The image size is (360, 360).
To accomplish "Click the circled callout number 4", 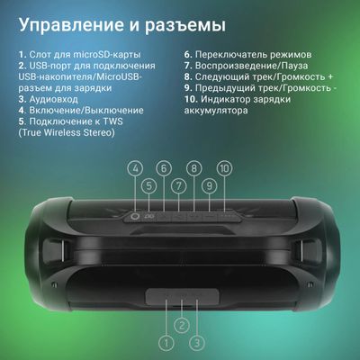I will (x=136, y=168).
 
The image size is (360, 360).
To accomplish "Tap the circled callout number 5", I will (x=149, y=186).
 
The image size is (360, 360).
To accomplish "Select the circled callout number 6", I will (x=163, y=168).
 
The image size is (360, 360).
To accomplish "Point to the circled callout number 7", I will (x=179, y=186).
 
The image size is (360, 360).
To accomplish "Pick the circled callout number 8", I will (x=193, y=168).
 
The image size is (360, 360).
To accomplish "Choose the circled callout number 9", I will (x=209, y=186).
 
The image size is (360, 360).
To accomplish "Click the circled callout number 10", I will (x=224, y=168).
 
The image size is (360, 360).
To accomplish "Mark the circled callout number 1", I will (x=165, y=342).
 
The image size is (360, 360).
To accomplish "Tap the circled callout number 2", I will (x=181, y=325).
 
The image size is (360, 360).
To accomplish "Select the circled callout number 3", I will (x=195, y=342).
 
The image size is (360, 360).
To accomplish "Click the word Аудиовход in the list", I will (x=55, y=100).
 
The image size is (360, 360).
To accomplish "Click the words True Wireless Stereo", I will (x=67, y=133).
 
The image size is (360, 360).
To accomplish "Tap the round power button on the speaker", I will (x=136, y=215).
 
